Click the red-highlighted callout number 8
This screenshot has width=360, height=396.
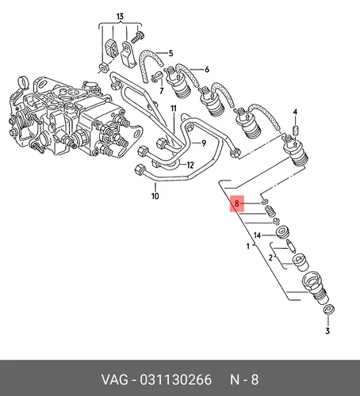[236, 204]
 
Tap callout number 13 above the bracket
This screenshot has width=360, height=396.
[120, 17]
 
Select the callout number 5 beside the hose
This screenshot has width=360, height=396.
[170, 53]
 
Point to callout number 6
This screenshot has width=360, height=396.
[207, 70]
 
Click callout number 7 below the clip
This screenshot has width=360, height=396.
[162, 91]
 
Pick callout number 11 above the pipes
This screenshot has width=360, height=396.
[173, 109]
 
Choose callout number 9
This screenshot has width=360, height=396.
[204, 143]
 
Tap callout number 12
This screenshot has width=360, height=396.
[190, 165]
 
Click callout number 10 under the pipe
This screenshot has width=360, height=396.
[155, 196]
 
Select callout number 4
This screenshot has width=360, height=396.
[295, 112]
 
